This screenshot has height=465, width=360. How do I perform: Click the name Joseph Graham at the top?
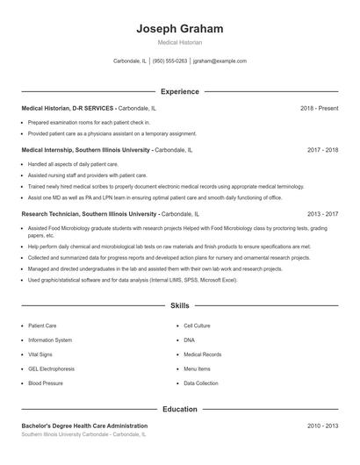pos(180,28)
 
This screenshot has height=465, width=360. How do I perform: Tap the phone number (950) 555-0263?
pos(170,61)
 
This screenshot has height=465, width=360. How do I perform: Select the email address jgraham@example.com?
pos(220,61)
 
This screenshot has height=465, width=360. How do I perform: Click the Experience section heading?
pos(180,91)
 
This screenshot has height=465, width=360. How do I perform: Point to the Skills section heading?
pos(180,305)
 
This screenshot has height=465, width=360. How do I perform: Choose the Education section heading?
pos(180,409)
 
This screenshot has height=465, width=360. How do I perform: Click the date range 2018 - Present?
pos(319,108)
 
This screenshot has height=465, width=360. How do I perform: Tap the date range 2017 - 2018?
pos(322,150)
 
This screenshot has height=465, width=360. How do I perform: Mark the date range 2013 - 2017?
pos(322,213)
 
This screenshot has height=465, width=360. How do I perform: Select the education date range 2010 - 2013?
pos(322,426)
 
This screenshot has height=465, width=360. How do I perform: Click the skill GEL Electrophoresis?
pos(51,368)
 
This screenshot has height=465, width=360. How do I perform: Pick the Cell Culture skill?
pos(197,325)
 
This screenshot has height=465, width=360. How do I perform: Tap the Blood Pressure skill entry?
pos(45,383)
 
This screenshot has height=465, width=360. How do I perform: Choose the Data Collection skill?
pos(201,383)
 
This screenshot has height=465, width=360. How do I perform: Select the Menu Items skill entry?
pos(197,368)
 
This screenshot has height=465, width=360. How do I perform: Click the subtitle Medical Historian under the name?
pos(180,42)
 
